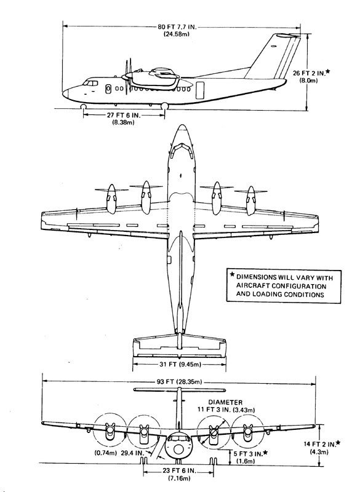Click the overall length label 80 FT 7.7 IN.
pyautogui.click(x=177, y=27)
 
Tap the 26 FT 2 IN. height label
pyautogui.click(x=309, y=73)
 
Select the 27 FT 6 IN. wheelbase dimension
pyautogui.click(x=124, y=115)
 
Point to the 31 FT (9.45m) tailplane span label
pyautogui.click(x=180, y=364)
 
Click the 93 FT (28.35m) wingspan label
pyautogui.click(x=179, y=382)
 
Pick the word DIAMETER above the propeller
pyautogui.click(x=225, y=402)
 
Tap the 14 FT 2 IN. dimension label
pyautogui.click(x=319, y=444)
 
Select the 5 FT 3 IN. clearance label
pyautogui.click(x=247, y=454)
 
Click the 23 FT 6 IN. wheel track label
pyautogui.click(x=178, y=470)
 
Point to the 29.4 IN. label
pyautogui.click(x=132, y=453)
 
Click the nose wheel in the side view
pyautogui.click(x=83, y=106)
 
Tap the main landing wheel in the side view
pyautogui.click(x=164, y=106)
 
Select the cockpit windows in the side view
pyautogui.click(x=90, y=83)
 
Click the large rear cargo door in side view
pyautogui.click(x=200, y=90)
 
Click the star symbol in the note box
pyautogui.click(x=232, y=274)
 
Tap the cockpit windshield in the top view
pyautogui.click(x=181, y=150)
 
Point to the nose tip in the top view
pyautogui.click(x=182, y=125)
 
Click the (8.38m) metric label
pyautogui.click(x=123, y=122)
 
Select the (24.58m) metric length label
pyautogui.click(x=177, y=34)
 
